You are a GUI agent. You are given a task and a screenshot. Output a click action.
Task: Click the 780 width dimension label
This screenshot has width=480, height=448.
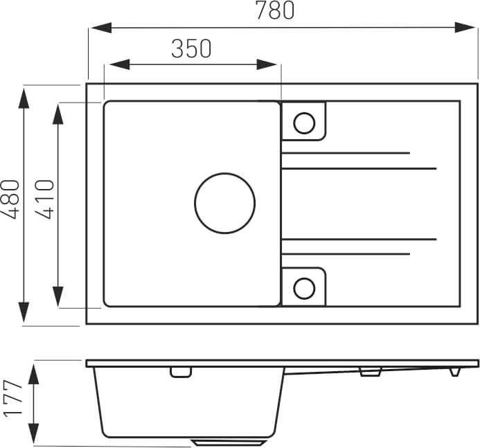tap(274, 10)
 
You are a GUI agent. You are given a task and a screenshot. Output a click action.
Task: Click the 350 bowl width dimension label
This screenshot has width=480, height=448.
tap(191, 48)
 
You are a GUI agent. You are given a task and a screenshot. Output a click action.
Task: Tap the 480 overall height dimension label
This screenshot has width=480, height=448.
tap(10, 199)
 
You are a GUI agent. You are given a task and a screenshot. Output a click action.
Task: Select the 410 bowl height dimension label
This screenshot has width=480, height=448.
tap(45, 199)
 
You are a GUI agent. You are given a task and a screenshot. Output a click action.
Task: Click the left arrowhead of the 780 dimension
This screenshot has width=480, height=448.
tap(101, 28)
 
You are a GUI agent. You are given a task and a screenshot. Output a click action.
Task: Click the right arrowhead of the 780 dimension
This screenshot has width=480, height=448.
tap(465, 28)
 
